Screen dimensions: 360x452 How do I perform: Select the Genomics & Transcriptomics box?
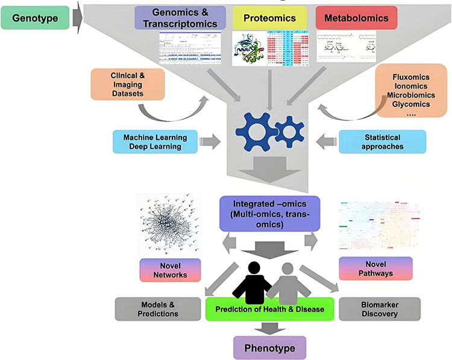181,19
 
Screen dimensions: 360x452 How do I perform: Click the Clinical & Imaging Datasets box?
128,84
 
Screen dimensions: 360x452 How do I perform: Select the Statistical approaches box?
383,141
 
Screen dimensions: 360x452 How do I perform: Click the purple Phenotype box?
269,348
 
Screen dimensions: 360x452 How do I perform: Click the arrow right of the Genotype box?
77,17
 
